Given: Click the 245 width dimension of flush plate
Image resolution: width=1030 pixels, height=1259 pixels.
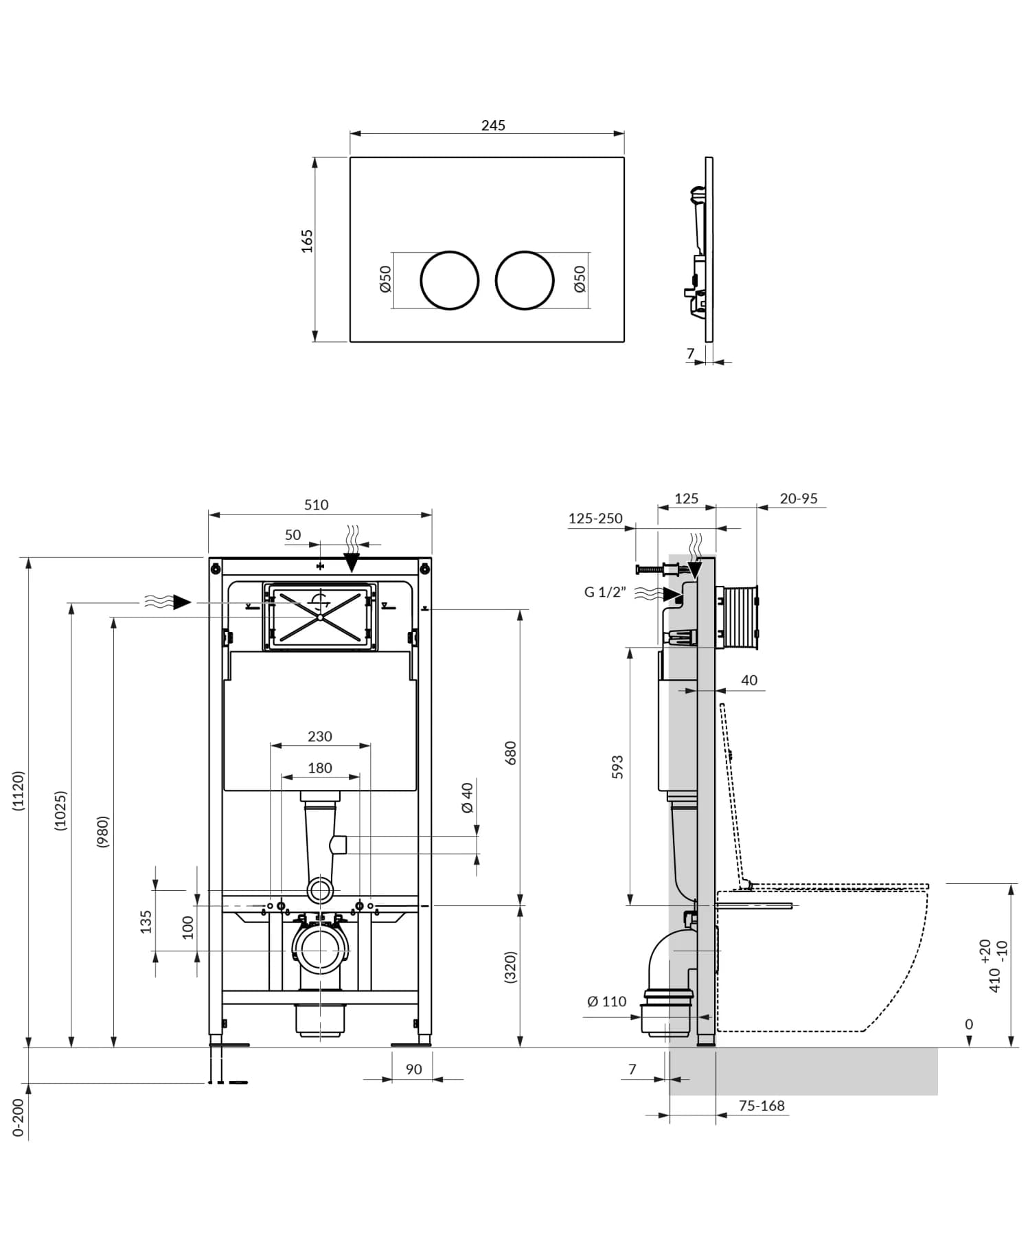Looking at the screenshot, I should [x=493, y=125].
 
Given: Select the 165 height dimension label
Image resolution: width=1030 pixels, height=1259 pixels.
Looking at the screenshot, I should [x=307, y=241].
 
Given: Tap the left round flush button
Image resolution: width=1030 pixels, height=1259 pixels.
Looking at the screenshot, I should [x=449, y=280].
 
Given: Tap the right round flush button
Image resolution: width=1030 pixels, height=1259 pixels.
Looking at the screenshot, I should [x=524, y=280].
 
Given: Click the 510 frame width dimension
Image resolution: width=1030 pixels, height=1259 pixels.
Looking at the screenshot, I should [x=316, y=505].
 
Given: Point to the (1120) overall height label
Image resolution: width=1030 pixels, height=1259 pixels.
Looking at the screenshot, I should [x=19, y=791].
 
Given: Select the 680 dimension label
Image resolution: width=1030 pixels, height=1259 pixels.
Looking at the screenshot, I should [x=510, y=753].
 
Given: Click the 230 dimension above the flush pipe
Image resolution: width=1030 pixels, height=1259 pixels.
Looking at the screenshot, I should [x=320, y=736].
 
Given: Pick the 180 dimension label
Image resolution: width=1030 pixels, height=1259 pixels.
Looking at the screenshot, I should [x=320, y=768].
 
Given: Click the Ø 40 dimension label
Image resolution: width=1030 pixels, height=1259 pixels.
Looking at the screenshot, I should [x=468, y=797].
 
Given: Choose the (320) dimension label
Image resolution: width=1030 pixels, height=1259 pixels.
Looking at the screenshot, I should [x=510, y=968].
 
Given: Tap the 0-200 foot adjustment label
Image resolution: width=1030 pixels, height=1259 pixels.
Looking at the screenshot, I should [x=19, y=1118].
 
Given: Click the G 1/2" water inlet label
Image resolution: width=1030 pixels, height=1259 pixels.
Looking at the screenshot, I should [x=605, y=592].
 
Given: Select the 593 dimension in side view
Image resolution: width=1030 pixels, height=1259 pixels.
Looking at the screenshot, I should [x=617, y=767].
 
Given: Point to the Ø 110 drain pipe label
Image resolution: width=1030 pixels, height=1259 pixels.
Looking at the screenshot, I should [x=607, y=1001].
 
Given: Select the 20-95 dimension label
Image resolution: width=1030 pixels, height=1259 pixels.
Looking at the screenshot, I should [x=799, y=499].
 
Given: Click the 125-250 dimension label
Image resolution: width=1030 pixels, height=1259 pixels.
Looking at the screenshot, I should [x=595, y=519].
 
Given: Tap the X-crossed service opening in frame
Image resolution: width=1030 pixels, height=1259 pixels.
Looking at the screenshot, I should [x=320, y=617].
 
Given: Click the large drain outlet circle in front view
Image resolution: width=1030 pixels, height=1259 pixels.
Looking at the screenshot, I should [x=319, y=951].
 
